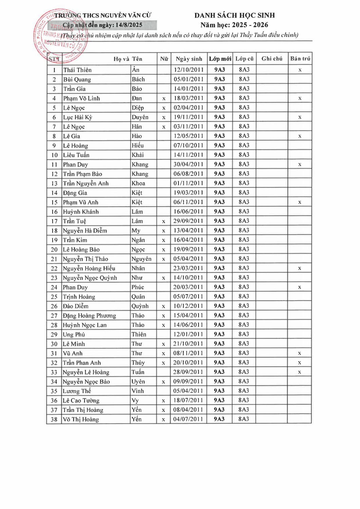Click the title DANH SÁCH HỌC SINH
click(x=234, y=15)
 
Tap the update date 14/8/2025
click(x=129, y=25)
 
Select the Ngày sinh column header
click(x=189, y=59)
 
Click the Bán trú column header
click(x=300, y=59)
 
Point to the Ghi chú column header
click(x=272, y=59)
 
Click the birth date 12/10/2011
click(x=189, y=70)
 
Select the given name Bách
click(x=138, y=79)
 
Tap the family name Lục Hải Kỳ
click(x=78, y=117)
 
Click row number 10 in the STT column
click(x=54, y=155)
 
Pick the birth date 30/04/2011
click(x=188, y=165)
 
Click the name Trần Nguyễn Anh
click(x=86, y=184)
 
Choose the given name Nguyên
click(x=141, y=259)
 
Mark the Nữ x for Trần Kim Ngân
click(x=164, y=240)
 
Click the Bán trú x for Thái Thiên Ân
click(x=300, y=70)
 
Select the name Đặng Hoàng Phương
click(x=90, y=316)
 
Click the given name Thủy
click(x=138, y=363)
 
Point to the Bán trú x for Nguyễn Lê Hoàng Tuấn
click(x=300, y=372)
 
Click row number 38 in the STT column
click(x=54, y=419)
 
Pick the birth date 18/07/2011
click(x=188, y=400)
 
